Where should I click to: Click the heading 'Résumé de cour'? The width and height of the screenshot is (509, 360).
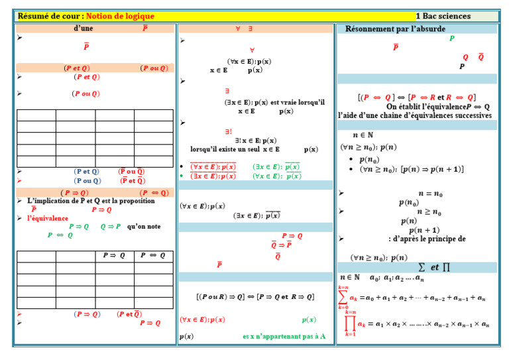49,16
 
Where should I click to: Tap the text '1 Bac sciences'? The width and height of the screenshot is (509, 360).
443,16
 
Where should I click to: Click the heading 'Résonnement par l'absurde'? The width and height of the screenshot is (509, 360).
395,29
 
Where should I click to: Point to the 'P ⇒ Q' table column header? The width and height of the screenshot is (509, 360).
113,256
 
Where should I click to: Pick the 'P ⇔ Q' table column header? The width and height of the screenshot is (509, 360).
152,256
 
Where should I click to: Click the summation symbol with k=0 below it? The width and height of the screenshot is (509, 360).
343,297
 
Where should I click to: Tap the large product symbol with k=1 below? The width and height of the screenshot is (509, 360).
350,323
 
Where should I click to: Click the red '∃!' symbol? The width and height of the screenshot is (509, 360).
228,131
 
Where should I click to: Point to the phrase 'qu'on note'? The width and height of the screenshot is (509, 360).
144,226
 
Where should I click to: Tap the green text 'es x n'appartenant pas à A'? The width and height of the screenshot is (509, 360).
284,336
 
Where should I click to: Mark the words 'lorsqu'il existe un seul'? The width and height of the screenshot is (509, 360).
221,150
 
